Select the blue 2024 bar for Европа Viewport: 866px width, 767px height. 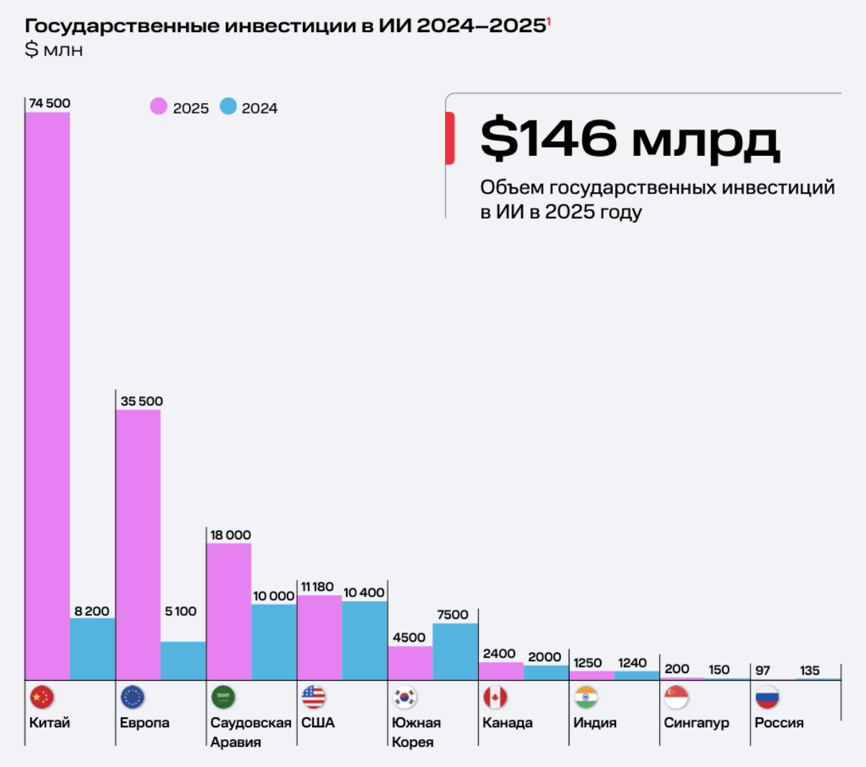tap(183, 661)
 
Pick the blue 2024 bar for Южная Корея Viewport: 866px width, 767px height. tap(455, 651)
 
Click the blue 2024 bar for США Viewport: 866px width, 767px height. tap(364, 640)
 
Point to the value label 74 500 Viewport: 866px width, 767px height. tap(49, 103)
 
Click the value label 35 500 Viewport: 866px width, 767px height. tap(141, 401)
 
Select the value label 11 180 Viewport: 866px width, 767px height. tap(317, 587)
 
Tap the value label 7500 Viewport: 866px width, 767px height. tap(452, 615)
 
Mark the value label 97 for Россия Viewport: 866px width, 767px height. tap(763, 670)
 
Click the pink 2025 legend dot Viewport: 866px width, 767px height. tap(159, 106)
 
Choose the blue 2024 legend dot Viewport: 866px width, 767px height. tap(228, 106)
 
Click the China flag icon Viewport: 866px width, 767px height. tap(42, 697)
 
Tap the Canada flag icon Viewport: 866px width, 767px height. tap(495, 697)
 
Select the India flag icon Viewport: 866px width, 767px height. tap(586, 697)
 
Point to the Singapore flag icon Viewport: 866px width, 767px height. tap(676, 697)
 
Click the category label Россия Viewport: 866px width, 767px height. tap(779, 722)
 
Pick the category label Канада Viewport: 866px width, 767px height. tap(507, 722)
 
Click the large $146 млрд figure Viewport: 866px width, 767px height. tap(629, 139)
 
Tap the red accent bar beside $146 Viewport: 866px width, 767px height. tap(450, 138)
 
